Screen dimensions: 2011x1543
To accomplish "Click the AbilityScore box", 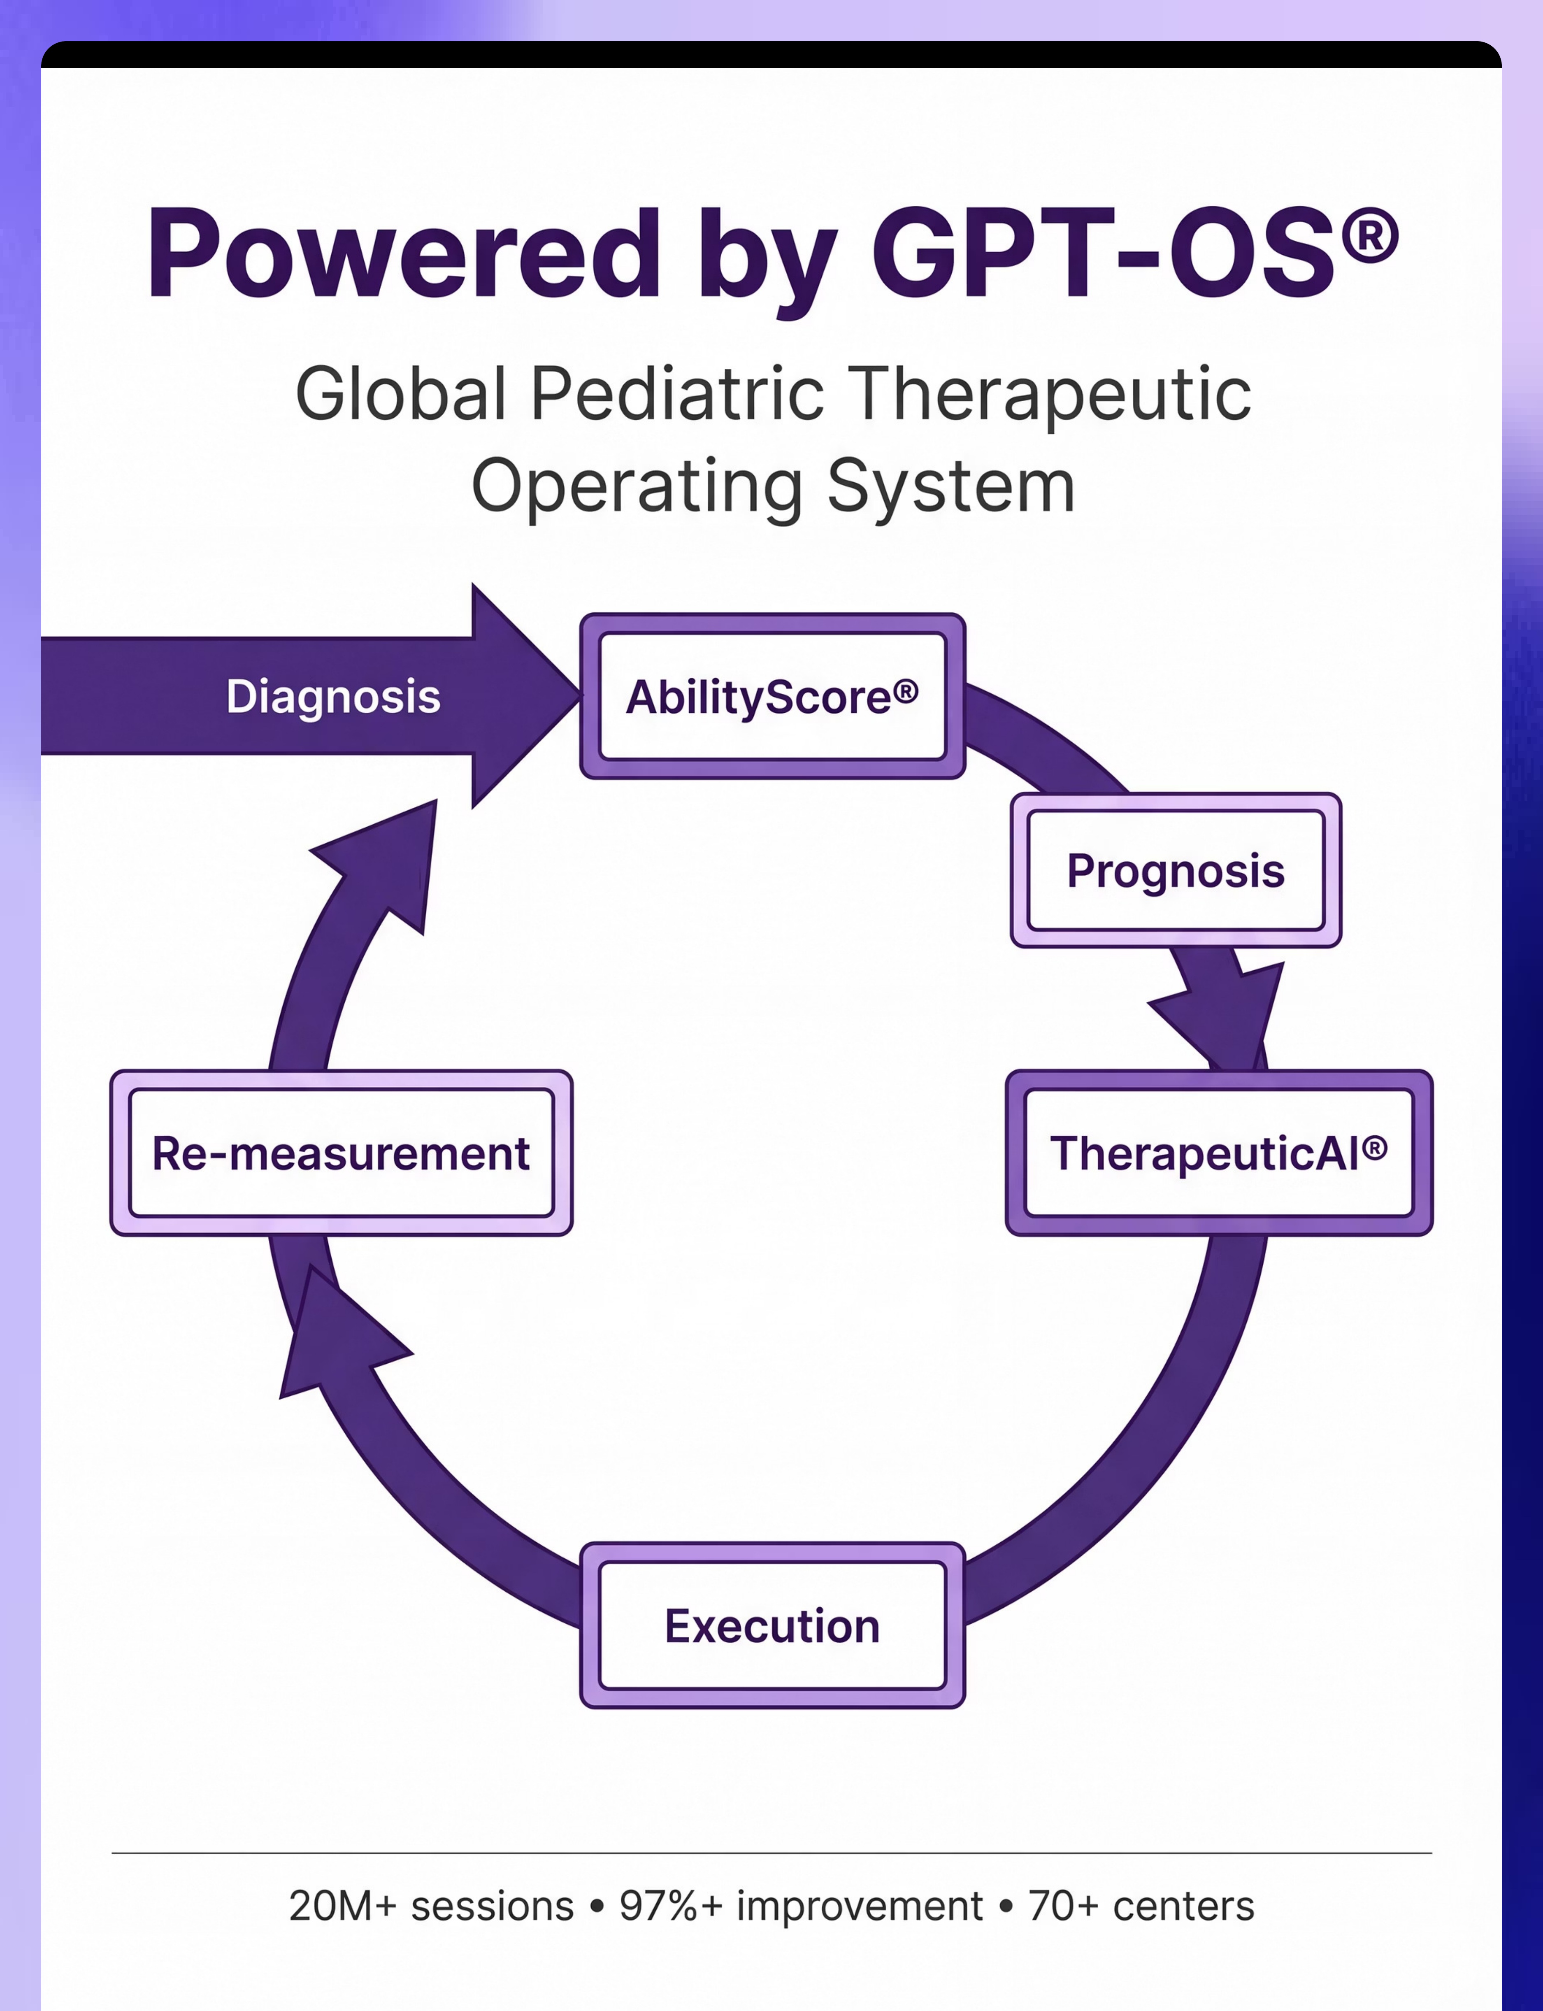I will coord(771,696).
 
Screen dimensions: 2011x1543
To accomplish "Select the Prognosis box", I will coord(1176,869).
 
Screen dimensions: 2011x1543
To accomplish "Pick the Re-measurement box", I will coord(341,1153).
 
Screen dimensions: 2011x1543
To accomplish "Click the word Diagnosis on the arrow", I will coord(333,696).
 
